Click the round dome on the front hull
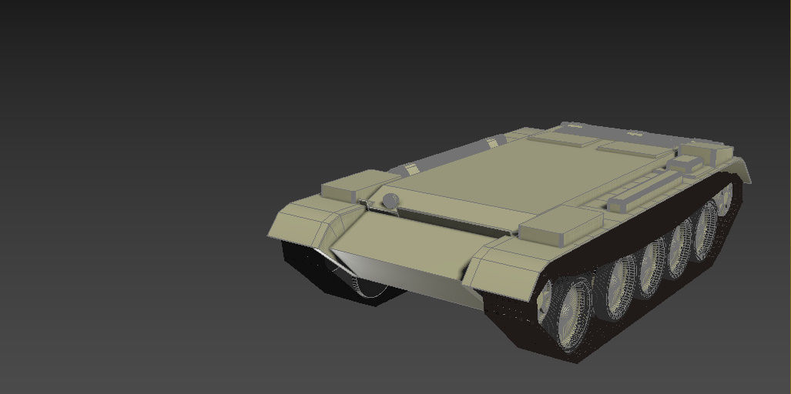click(390, 201)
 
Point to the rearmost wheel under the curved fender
click(723, 201)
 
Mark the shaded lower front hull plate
click(401, 265)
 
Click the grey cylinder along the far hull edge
click(447, 156)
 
